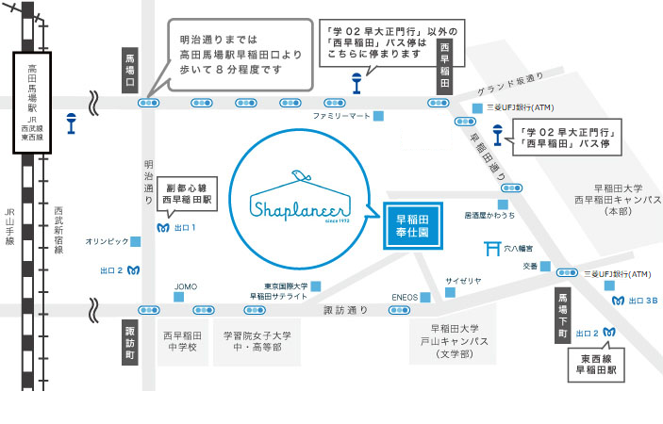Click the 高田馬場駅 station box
pos(32,103)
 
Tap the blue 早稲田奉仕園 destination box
pos(413,226)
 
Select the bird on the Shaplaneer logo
pos(301,175)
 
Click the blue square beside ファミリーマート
pos(378,116)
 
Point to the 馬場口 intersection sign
pos(130,70)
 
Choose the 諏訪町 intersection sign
pos(130,342)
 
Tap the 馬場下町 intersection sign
pos(563,315)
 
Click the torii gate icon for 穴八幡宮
pos(492,249)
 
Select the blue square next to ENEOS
pos(425,298)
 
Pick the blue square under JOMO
pos(179,297)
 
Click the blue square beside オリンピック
pos(135,241)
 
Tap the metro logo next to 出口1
pos(163,228)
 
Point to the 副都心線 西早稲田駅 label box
pos(188,194)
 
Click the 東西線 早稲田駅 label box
pos(596,365)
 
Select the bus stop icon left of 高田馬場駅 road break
pos(71,123)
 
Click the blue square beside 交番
pos(545,266)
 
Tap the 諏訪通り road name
pos(345,310)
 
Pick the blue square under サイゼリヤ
pos(450,292)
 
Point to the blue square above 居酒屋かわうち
pos(503,204)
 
